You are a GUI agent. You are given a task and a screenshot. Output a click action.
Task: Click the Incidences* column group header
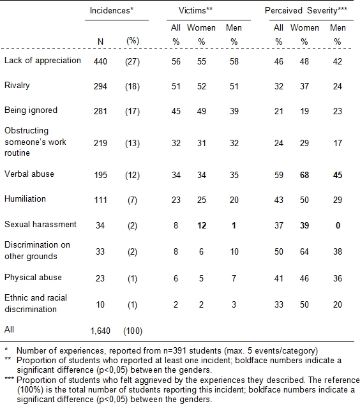click(112, 11)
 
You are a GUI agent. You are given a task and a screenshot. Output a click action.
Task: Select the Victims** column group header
click(195, 11)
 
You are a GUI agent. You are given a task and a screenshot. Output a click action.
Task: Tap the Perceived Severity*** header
click(306, 11)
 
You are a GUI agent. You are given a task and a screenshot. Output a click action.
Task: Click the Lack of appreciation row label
click(43, 61)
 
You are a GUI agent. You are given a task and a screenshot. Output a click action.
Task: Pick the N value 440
click(100, 61)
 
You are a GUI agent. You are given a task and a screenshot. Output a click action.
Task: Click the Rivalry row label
click(17, 86)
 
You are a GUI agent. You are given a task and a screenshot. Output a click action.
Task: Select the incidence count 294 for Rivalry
click(100, 86)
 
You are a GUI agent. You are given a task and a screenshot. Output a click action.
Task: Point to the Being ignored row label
click(31, 110)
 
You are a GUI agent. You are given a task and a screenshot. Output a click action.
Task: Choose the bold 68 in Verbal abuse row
click(304, 176)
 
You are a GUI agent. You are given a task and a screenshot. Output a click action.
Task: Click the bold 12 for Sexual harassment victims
click(202, 226)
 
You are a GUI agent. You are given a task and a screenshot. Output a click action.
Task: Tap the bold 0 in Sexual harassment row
click(338, 226)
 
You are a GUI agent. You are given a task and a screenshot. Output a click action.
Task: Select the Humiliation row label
click(25, 199)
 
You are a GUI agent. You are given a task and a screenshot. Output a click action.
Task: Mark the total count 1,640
click(100, 331)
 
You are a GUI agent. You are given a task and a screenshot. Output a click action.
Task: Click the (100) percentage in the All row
click(133, 331)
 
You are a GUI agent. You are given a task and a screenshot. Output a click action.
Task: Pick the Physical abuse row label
click(33, 278)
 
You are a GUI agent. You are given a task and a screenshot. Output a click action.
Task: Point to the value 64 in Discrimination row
click(304, 251)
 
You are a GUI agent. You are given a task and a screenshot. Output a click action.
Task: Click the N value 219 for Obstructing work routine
click(100, 143)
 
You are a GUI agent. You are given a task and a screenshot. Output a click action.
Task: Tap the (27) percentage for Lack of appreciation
click(133, 61)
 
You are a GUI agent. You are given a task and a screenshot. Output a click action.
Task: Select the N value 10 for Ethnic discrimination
click(100, 305)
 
